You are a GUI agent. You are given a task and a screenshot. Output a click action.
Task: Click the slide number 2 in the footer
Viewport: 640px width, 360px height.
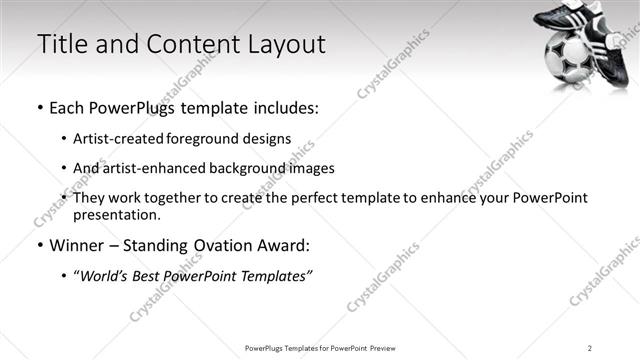[590, 347]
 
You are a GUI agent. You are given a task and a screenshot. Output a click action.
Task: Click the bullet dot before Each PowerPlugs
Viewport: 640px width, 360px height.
[40, 108]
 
